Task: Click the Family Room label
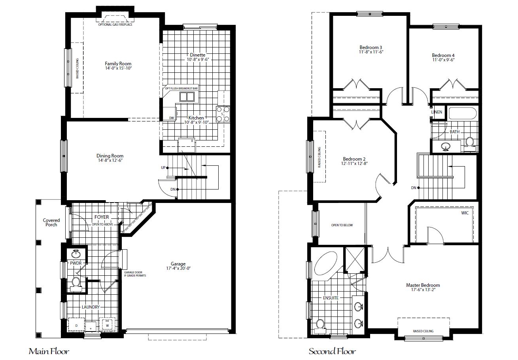pos(118,64)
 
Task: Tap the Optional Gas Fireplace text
pos(115,25)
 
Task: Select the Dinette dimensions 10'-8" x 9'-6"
pos(197,60)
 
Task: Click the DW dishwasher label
pos(172,118)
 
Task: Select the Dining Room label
pos(110,156)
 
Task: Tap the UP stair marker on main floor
pos(163,168)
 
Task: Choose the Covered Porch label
pos(51,222)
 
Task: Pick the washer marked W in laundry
pos(107,325)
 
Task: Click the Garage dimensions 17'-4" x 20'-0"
pos(178,269)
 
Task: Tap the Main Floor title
pos(49,351)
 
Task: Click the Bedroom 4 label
pos(443,55)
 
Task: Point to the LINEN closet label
pos(437,112)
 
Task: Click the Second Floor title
pos(332,351)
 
